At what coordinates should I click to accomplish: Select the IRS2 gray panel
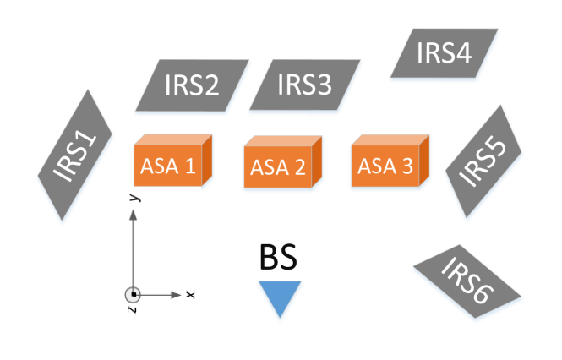coord(193,86)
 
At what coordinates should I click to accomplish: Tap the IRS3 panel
coord(304,86)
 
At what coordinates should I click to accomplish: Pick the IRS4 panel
coord(445,55)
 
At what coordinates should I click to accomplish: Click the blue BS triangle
coord(280,298)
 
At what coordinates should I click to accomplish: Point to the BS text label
coord(279,259)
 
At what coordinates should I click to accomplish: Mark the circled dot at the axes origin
coord(133,295)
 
